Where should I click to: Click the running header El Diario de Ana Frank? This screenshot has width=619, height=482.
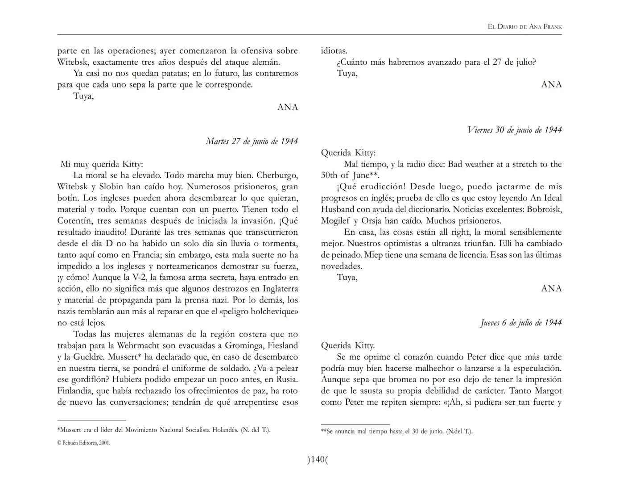(524, 27)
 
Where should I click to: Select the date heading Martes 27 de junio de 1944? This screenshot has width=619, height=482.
(252, 141)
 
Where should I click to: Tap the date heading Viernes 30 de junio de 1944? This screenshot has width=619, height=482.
(514, 130)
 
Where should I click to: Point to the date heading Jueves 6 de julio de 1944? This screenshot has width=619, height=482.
(521, 323)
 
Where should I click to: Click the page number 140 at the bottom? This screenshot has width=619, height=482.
(317, 460)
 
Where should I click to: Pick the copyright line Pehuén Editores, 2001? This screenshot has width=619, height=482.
(84, 443)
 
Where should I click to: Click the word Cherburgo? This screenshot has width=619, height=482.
(277, 175)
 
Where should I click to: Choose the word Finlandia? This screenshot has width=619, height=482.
(76, 391)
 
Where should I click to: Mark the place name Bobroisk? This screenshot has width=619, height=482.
(544, 209)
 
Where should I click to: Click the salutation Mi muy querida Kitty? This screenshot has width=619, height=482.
(102, 164)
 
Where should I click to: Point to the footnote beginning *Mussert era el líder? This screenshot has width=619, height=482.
(164, 430)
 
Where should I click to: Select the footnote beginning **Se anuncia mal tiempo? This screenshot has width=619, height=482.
(396, 432)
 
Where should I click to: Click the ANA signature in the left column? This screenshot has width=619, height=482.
(287, 107)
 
